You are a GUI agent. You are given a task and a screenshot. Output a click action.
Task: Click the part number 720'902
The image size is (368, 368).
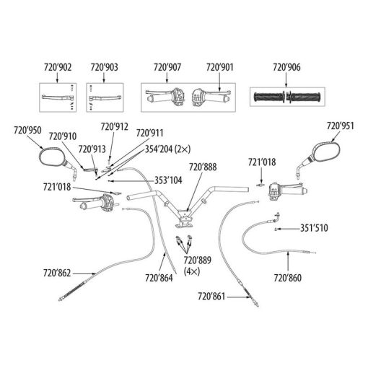[x=58, y=67]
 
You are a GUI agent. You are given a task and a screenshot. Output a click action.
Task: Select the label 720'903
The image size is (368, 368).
[x=105, y=67]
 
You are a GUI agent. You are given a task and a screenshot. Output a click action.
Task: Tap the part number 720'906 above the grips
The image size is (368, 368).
[x=286, y=67]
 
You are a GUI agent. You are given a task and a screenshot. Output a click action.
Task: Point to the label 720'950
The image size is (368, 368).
[x=27, y=130]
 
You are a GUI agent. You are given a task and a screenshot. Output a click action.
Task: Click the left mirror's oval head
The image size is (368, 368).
[x=52, y=157]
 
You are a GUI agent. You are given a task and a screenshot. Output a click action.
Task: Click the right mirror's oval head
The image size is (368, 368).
[x=327, y=151]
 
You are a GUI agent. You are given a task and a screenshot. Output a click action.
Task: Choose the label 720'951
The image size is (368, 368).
[x=340, y=126]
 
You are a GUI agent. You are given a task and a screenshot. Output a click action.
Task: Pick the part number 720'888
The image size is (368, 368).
[x=203, y=167]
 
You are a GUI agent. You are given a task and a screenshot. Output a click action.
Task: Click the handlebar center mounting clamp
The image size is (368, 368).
[x=184, y=219]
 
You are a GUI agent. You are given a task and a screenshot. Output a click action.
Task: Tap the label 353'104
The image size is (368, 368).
[x=168, y=180]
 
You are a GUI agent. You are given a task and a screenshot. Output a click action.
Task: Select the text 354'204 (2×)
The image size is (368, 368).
[x=167, y=149]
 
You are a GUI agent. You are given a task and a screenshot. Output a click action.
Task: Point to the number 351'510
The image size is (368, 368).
[x=314, y=228]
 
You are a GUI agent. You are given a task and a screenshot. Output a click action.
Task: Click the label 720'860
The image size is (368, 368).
[x=288, y=278]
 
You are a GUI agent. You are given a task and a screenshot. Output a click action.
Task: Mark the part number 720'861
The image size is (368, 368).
[x=211, y=297]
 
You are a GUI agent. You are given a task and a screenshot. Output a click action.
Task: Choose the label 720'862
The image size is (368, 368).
[x=57, y=273]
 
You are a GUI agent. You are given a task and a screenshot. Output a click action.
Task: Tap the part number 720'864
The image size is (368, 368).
[x=159, y=278]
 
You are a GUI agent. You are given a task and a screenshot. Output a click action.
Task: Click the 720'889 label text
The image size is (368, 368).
[x=198, y=260]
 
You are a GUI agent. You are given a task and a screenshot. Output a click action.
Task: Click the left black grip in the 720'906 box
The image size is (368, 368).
[x=268, y=97]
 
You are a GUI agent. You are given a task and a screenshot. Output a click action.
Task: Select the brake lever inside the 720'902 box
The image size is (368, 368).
[x=58, y=97]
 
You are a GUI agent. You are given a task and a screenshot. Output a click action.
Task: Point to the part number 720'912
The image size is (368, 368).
[x=114, y=126]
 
